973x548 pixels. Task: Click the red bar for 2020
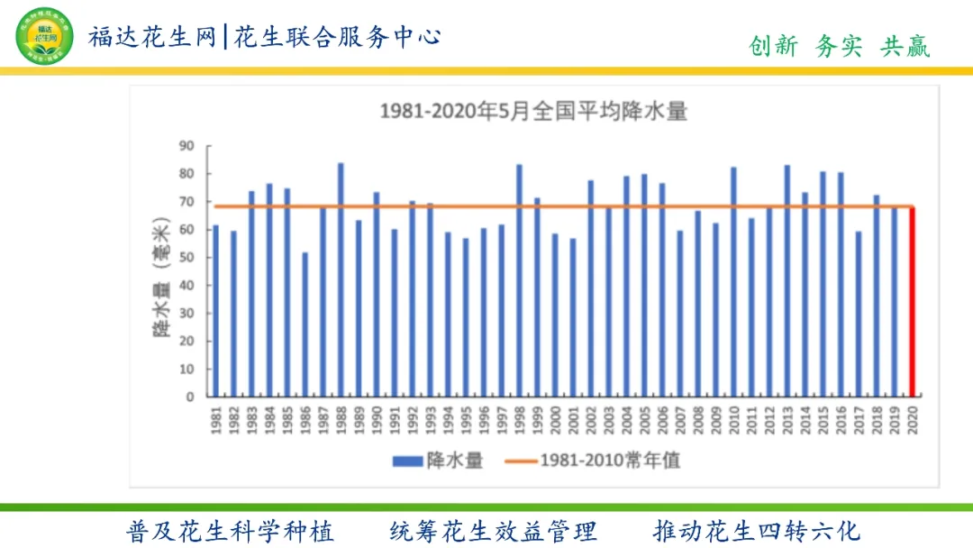tap(912, 302)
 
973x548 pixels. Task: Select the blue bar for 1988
tap(341, 279)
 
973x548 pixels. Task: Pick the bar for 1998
tap(519, 280)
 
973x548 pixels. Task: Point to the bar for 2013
tap(787, 280)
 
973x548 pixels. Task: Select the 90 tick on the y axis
tap(186, 145)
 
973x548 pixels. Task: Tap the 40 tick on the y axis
tap(186, 285)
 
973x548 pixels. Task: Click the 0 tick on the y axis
tap(190, 397)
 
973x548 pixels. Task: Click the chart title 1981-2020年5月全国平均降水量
tap(533, 111)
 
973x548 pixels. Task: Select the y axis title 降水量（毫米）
tap(161, 280)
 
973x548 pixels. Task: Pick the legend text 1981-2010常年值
tap(610, 461)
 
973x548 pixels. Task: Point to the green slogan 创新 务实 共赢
tap(839, 46)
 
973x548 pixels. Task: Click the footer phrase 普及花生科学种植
tap(231, 530)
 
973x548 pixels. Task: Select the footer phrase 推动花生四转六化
tap(757, 530)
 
